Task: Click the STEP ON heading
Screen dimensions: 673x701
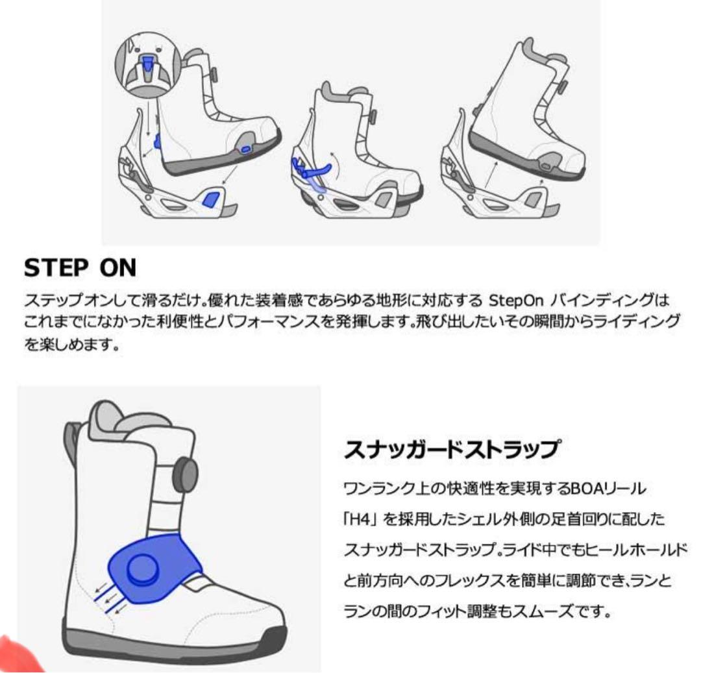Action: pos(80,267)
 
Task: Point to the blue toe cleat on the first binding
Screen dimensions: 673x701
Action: pos(211,196)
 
